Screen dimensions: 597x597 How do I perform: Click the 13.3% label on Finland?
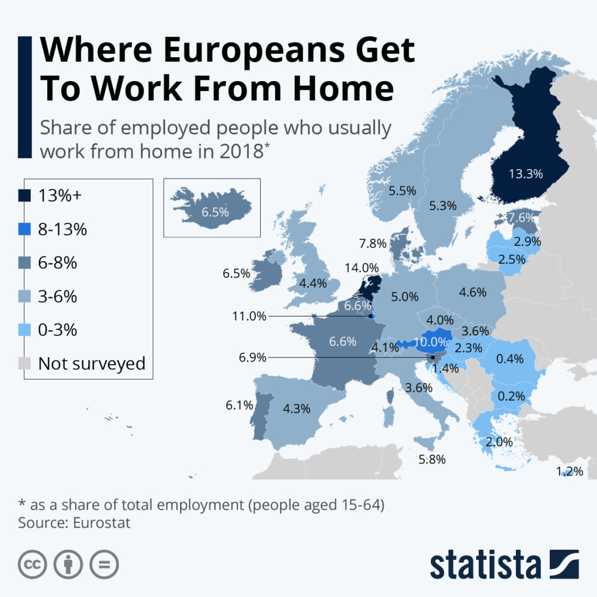click(x=525, y=173)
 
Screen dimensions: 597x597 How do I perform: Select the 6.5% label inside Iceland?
click(x=215, y=212)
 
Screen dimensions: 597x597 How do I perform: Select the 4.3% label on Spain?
click(x=296, y=409)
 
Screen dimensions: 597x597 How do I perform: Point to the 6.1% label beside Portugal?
click(x=238, y=404)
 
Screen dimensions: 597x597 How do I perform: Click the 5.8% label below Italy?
click(x=432, y=459)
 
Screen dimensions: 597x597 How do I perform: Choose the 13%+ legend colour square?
click(x=24, y=195)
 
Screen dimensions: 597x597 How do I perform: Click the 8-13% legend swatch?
click(x=24, y=229)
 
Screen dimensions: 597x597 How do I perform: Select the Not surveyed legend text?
click(x=92, y=364)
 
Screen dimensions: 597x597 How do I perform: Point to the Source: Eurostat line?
click(x=75, y=522)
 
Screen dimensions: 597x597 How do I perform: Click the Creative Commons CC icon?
click(x=33, y=564)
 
